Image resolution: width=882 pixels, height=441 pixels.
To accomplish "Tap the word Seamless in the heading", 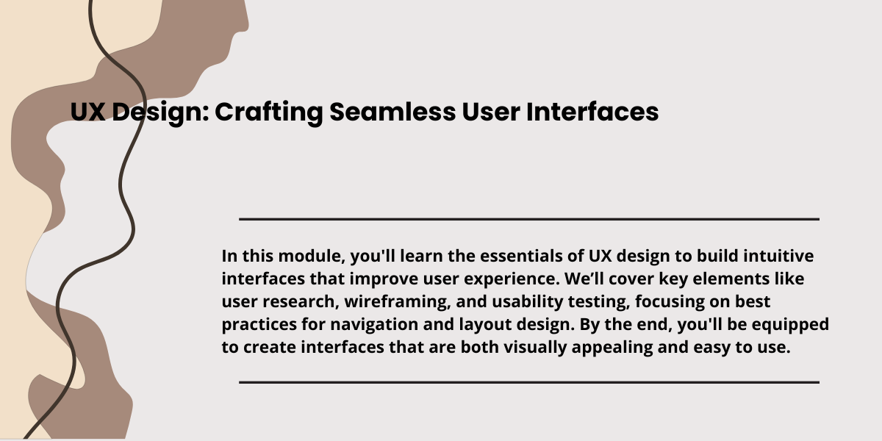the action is [x=392, y=112].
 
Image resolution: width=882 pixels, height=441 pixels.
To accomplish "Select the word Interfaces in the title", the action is [x=592, y=112].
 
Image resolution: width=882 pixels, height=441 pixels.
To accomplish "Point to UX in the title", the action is [x=87, y=112].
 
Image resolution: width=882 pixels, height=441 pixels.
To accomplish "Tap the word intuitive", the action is [x=778, y=256].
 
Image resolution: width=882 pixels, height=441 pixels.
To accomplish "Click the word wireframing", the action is [x=398, y=302].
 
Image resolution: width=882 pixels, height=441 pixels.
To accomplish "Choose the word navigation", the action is [x=374, y=325].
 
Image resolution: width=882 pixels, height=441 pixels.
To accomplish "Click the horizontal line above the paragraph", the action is [x=529, y=219].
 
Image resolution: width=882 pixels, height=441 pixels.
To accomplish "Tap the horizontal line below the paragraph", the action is [x=529, y=382].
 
